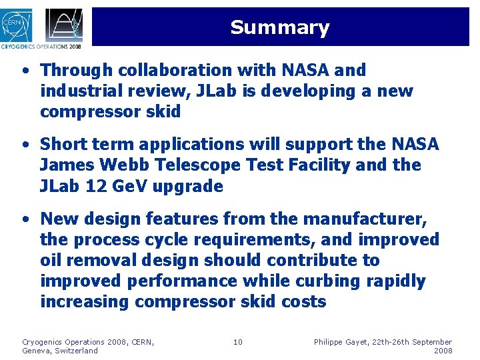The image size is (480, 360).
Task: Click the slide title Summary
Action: (279, 27)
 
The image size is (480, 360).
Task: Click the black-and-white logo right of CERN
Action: (64, 25)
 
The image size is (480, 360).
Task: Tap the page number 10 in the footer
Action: (238, 342)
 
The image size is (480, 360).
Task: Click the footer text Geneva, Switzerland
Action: (60, 351)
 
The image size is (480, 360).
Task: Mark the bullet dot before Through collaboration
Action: (25, 71)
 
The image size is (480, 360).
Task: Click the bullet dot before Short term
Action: (25, 145)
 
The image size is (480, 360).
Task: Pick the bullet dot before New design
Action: (25, 219)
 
